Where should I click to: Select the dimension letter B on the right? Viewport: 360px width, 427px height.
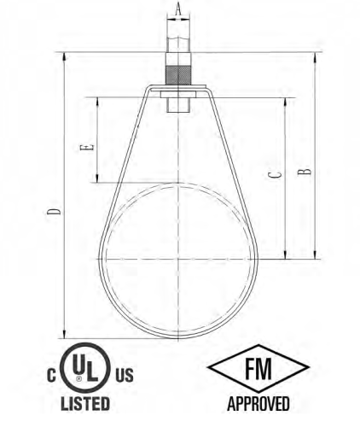(305, 172)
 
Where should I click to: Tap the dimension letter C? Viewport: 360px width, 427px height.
(276, 174)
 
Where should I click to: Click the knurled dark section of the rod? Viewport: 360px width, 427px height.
(177, 75)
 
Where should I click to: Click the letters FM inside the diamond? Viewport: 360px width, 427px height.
(258, 368)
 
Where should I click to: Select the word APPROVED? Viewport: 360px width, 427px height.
(258, 403)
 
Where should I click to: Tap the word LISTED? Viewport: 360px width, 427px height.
(85, 403)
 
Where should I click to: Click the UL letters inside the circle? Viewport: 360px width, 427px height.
(85, 370)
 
